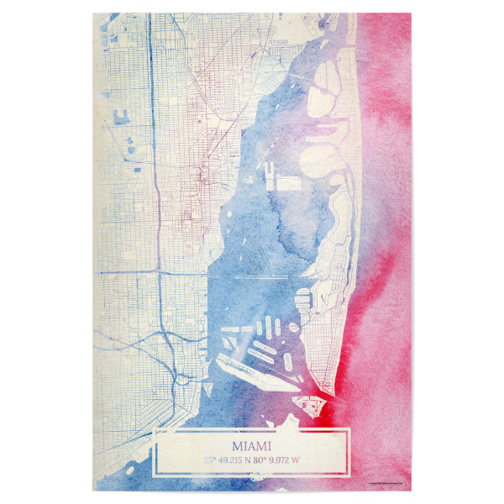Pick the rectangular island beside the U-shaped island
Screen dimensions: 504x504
[287, 181]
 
